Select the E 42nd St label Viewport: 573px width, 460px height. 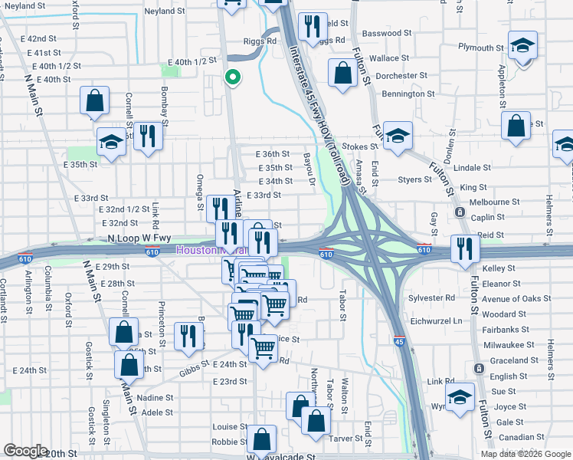(38, 38)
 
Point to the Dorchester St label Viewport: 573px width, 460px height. (401, 76)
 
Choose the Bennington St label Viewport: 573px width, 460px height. (408, 94)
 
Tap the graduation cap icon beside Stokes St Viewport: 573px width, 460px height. (398, 136)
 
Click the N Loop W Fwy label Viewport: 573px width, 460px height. (139, 239)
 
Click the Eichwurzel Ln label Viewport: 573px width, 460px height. (437, 320)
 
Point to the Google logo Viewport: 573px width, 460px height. (25, 451)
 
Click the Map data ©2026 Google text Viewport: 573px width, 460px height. (526, 453)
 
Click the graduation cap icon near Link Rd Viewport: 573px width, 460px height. (460, 397)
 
